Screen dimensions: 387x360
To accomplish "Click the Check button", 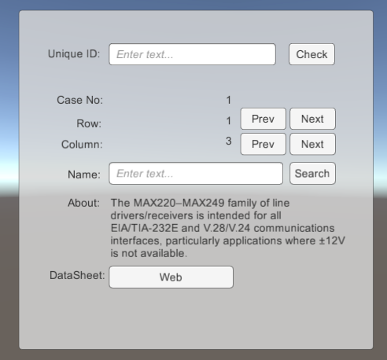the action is [x=311, y=54].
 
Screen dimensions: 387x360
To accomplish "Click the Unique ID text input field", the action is [x=192, y=54].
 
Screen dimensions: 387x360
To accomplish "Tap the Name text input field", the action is [x=196, y=174].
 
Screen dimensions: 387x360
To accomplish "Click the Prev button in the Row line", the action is [x=264, y=119].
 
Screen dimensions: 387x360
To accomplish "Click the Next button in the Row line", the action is [x=312, y=119].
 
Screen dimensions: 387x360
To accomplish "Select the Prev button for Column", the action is [x=264, y=144].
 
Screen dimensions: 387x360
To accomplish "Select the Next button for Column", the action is [x=312, y=144].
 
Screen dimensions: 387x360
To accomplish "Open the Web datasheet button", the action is [x=171, y=277].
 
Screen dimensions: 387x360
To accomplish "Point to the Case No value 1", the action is [x=229, y=100].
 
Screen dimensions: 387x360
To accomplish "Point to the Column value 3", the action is [x=229, y=141].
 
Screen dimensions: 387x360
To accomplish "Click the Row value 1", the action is [x=229, y=121].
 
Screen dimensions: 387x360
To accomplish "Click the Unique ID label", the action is [x=74, y=53].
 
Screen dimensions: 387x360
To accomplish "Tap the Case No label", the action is [x=80, y=100].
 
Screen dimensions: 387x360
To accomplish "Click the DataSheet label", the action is [x=77, y=275].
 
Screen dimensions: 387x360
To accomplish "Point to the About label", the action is [x=83, y=203].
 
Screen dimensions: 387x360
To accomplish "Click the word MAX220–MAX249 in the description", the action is [x=179, y=203].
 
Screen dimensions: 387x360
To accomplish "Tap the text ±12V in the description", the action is [x=332, y=241].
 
